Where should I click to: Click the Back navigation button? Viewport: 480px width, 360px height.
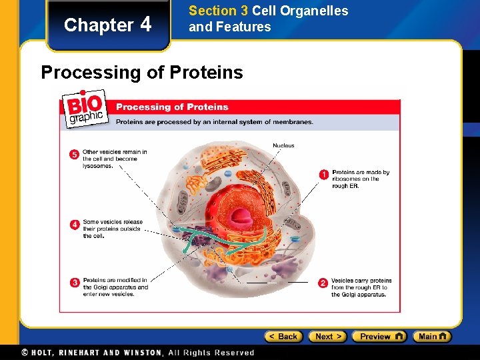[283, 337]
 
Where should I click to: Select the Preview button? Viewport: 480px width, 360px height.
[379, 337]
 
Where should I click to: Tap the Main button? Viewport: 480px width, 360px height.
[431, 337]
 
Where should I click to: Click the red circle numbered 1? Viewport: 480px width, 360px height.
[323, 175]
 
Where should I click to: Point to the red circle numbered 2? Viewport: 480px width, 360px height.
[323, 283]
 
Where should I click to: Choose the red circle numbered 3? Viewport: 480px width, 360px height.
[75, 283]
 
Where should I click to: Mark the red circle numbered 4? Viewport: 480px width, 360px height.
[75, 225]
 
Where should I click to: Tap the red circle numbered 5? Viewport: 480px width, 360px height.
[75, 155]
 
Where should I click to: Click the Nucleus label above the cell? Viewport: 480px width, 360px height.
[283, 145]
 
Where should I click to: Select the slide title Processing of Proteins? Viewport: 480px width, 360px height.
[142, 72]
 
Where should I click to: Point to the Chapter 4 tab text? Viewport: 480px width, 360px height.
[108, 25]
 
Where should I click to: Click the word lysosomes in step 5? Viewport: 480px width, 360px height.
[97, 166]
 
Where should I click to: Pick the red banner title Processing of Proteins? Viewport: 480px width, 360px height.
[172, 107]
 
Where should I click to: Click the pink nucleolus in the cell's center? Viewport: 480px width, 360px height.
[241, 215]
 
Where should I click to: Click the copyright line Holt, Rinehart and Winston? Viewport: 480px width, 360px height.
[137, 353]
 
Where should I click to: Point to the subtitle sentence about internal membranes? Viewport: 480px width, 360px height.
[214, 122]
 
